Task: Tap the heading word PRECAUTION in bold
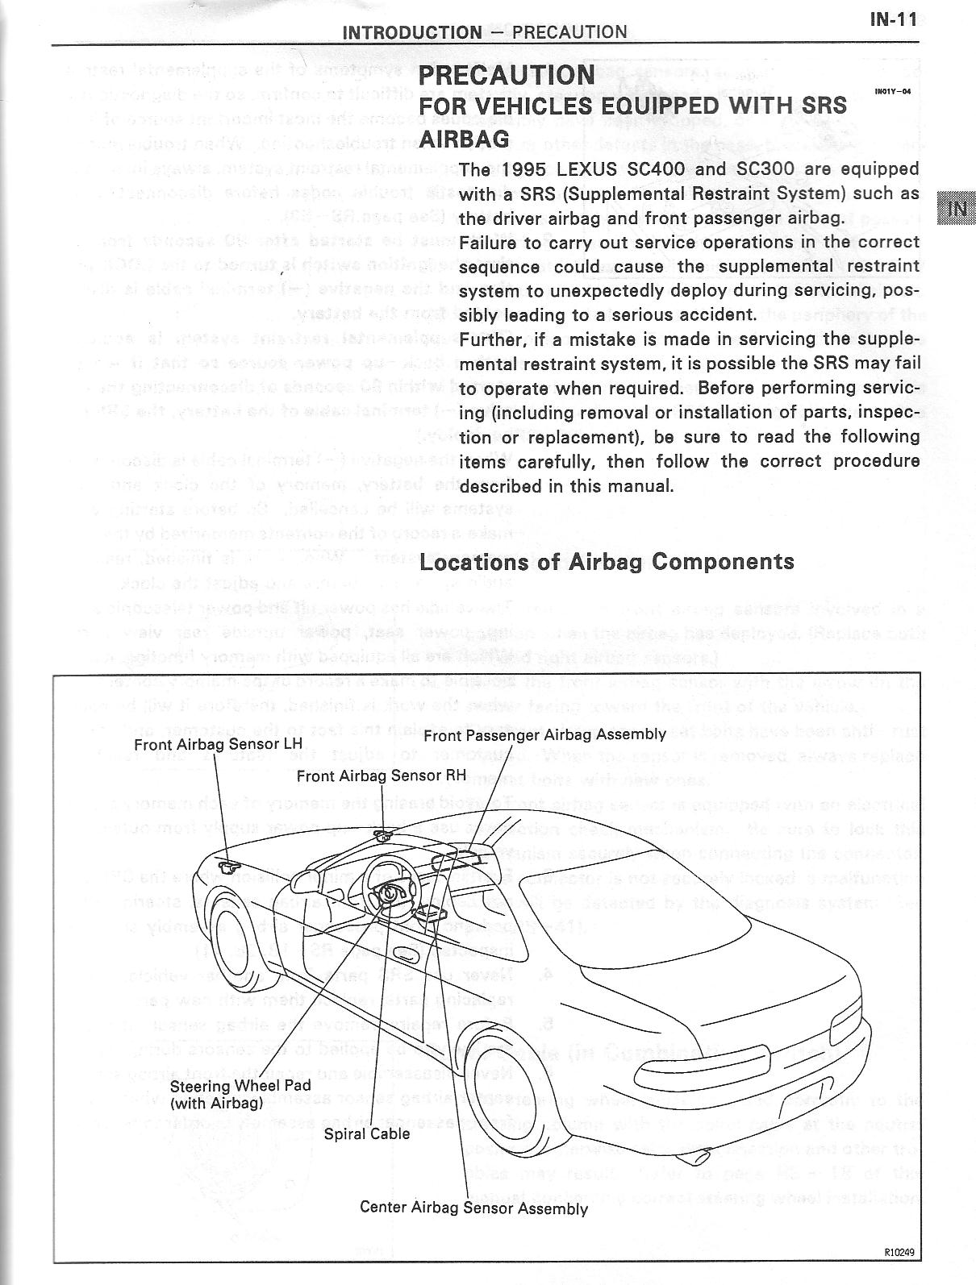(x=507, y=75)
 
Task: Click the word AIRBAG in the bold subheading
(x=465, y=138)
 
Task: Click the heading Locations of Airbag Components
(x=607, y=561)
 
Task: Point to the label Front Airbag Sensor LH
(x=218, y=744)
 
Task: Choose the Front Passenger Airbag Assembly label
(x=544, y=734)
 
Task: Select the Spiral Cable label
(x=366, y=1133)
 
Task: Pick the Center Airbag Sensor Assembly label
(x=473, y=1208)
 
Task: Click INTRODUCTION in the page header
(x=412, y=32)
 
